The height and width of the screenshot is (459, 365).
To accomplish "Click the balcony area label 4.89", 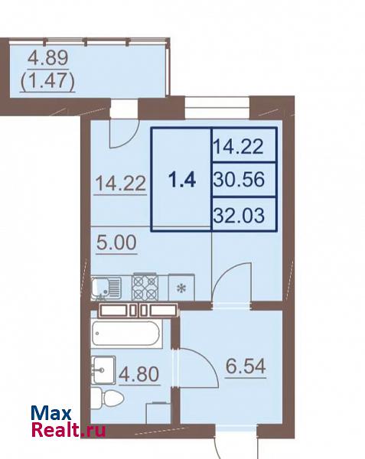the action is [48, 57].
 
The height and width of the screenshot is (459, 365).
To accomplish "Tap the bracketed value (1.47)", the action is [47, 80].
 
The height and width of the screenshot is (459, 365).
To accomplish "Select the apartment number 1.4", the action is [182, 180].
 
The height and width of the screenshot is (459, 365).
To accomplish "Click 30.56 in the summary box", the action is [239, 179].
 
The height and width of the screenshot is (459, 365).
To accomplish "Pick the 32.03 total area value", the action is [239, 215].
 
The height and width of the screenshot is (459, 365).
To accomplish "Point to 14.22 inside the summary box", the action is [238, 146].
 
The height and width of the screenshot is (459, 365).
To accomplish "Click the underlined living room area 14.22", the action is [121, 184].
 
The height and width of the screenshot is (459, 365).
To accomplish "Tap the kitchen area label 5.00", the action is [116, 243].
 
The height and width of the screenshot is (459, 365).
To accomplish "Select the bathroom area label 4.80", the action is [139, 374].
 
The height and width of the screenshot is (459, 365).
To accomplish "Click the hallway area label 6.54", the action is [246, 366].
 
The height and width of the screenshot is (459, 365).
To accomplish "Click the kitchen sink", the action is [106, 288].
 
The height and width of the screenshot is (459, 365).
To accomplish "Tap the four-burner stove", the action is [145, 287].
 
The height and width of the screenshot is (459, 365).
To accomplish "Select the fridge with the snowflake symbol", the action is [181, 288].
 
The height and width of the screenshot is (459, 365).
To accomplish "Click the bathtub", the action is [126, 334].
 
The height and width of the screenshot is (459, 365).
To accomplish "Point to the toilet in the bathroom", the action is [106, 398].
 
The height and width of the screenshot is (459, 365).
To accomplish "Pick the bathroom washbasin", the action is [103, 369].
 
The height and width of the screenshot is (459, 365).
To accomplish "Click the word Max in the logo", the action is [51, 414].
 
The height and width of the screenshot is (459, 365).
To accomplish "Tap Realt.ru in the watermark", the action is [68, 430].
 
